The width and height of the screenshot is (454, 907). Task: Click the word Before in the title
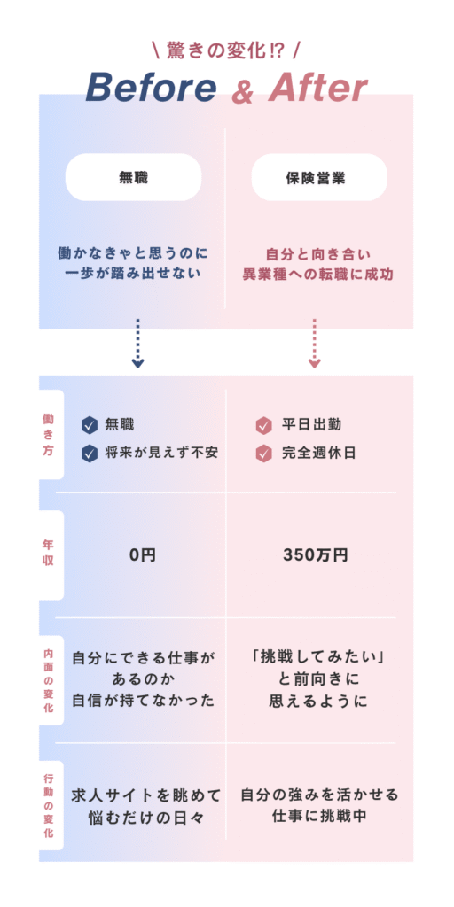[151, 88]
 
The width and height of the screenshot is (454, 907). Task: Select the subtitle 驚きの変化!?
[226, 50]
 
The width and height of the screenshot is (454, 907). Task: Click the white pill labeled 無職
[133, 177]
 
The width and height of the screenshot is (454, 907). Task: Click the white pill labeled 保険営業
[319, 177]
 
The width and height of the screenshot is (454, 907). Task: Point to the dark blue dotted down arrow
[137, 343]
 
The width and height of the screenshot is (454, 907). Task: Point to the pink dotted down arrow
[315, 343]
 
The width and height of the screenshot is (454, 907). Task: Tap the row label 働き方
[48, 434]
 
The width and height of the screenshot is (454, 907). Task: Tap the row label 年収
[48, 553]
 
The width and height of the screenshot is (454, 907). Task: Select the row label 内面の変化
[48, 679]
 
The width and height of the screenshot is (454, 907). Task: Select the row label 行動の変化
[48, 805]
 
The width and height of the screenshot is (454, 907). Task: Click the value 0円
[143, 555]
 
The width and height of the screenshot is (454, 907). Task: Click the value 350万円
[316, 555]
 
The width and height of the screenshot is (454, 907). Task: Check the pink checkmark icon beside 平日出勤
[263, 426]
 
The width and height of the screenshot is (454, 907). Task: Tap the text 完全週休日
[318, 453]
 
